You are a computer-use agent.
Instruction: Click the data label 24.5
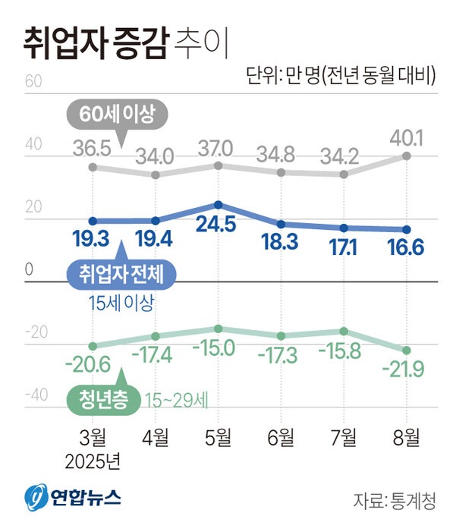click(218, 225)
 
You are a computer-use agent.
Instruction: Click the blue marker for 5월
click(219, 205)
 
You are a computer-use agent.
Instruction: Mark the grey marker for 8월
click(407, 156)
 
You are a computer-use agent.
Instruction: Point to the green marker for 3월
click(93, 346)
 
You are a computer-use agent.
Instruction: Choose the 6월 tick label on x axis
click(281, 438)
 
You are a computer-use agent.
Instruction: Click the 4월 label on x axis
click(156, 438)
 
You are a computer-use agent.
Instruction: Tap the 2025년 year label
click(93, 460)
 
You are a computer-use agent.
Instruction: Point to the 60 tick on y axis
click(33, 81)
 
